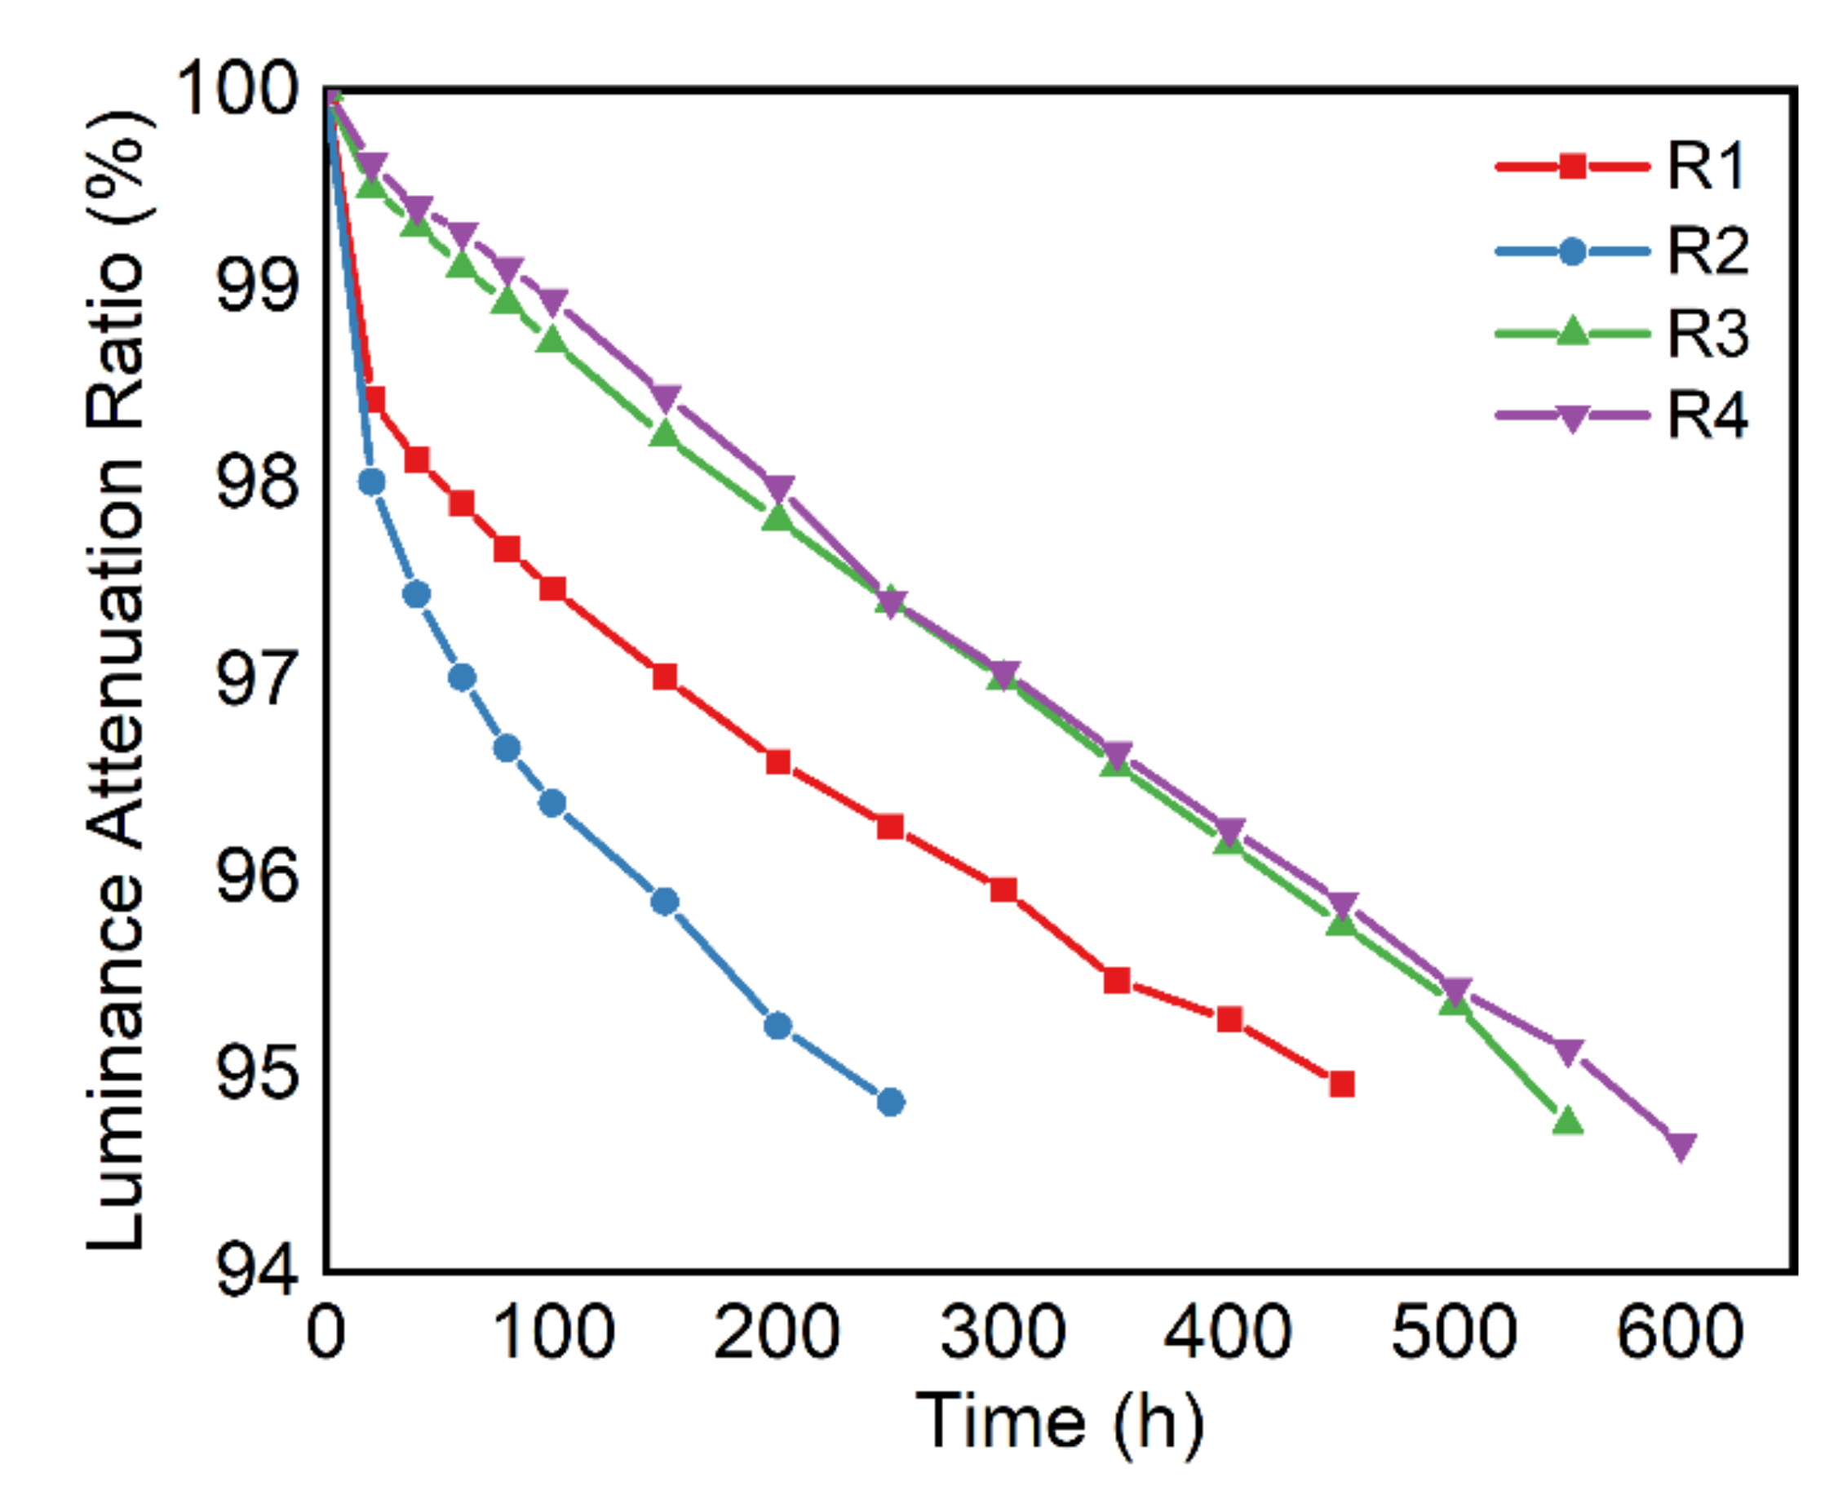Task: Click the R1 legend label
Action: [x=1705, y=166]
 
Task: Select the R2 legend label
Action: [x=1707, y=251]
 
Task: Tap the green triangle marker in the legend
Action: [x=1572, y=331]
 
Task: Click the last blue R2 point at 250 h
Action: [x=890, y=1102]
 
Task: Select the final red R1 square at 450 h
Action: [x=1341, y=1084]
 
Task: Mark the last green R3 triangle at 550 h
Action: [x=1568, y=1120]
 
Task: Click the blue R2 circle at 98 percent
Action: [x=371, y=481]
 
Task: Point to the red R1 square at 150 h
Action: [x=664, y=676]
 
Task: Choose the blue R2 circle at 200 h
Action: [x=777, y=1025]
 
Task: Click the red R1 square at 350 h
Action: [x=1117, y=980]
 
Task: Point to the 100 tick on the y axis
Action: [x=235, y=90]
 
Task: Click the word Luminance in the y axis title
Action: [x=116, y=1063]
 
